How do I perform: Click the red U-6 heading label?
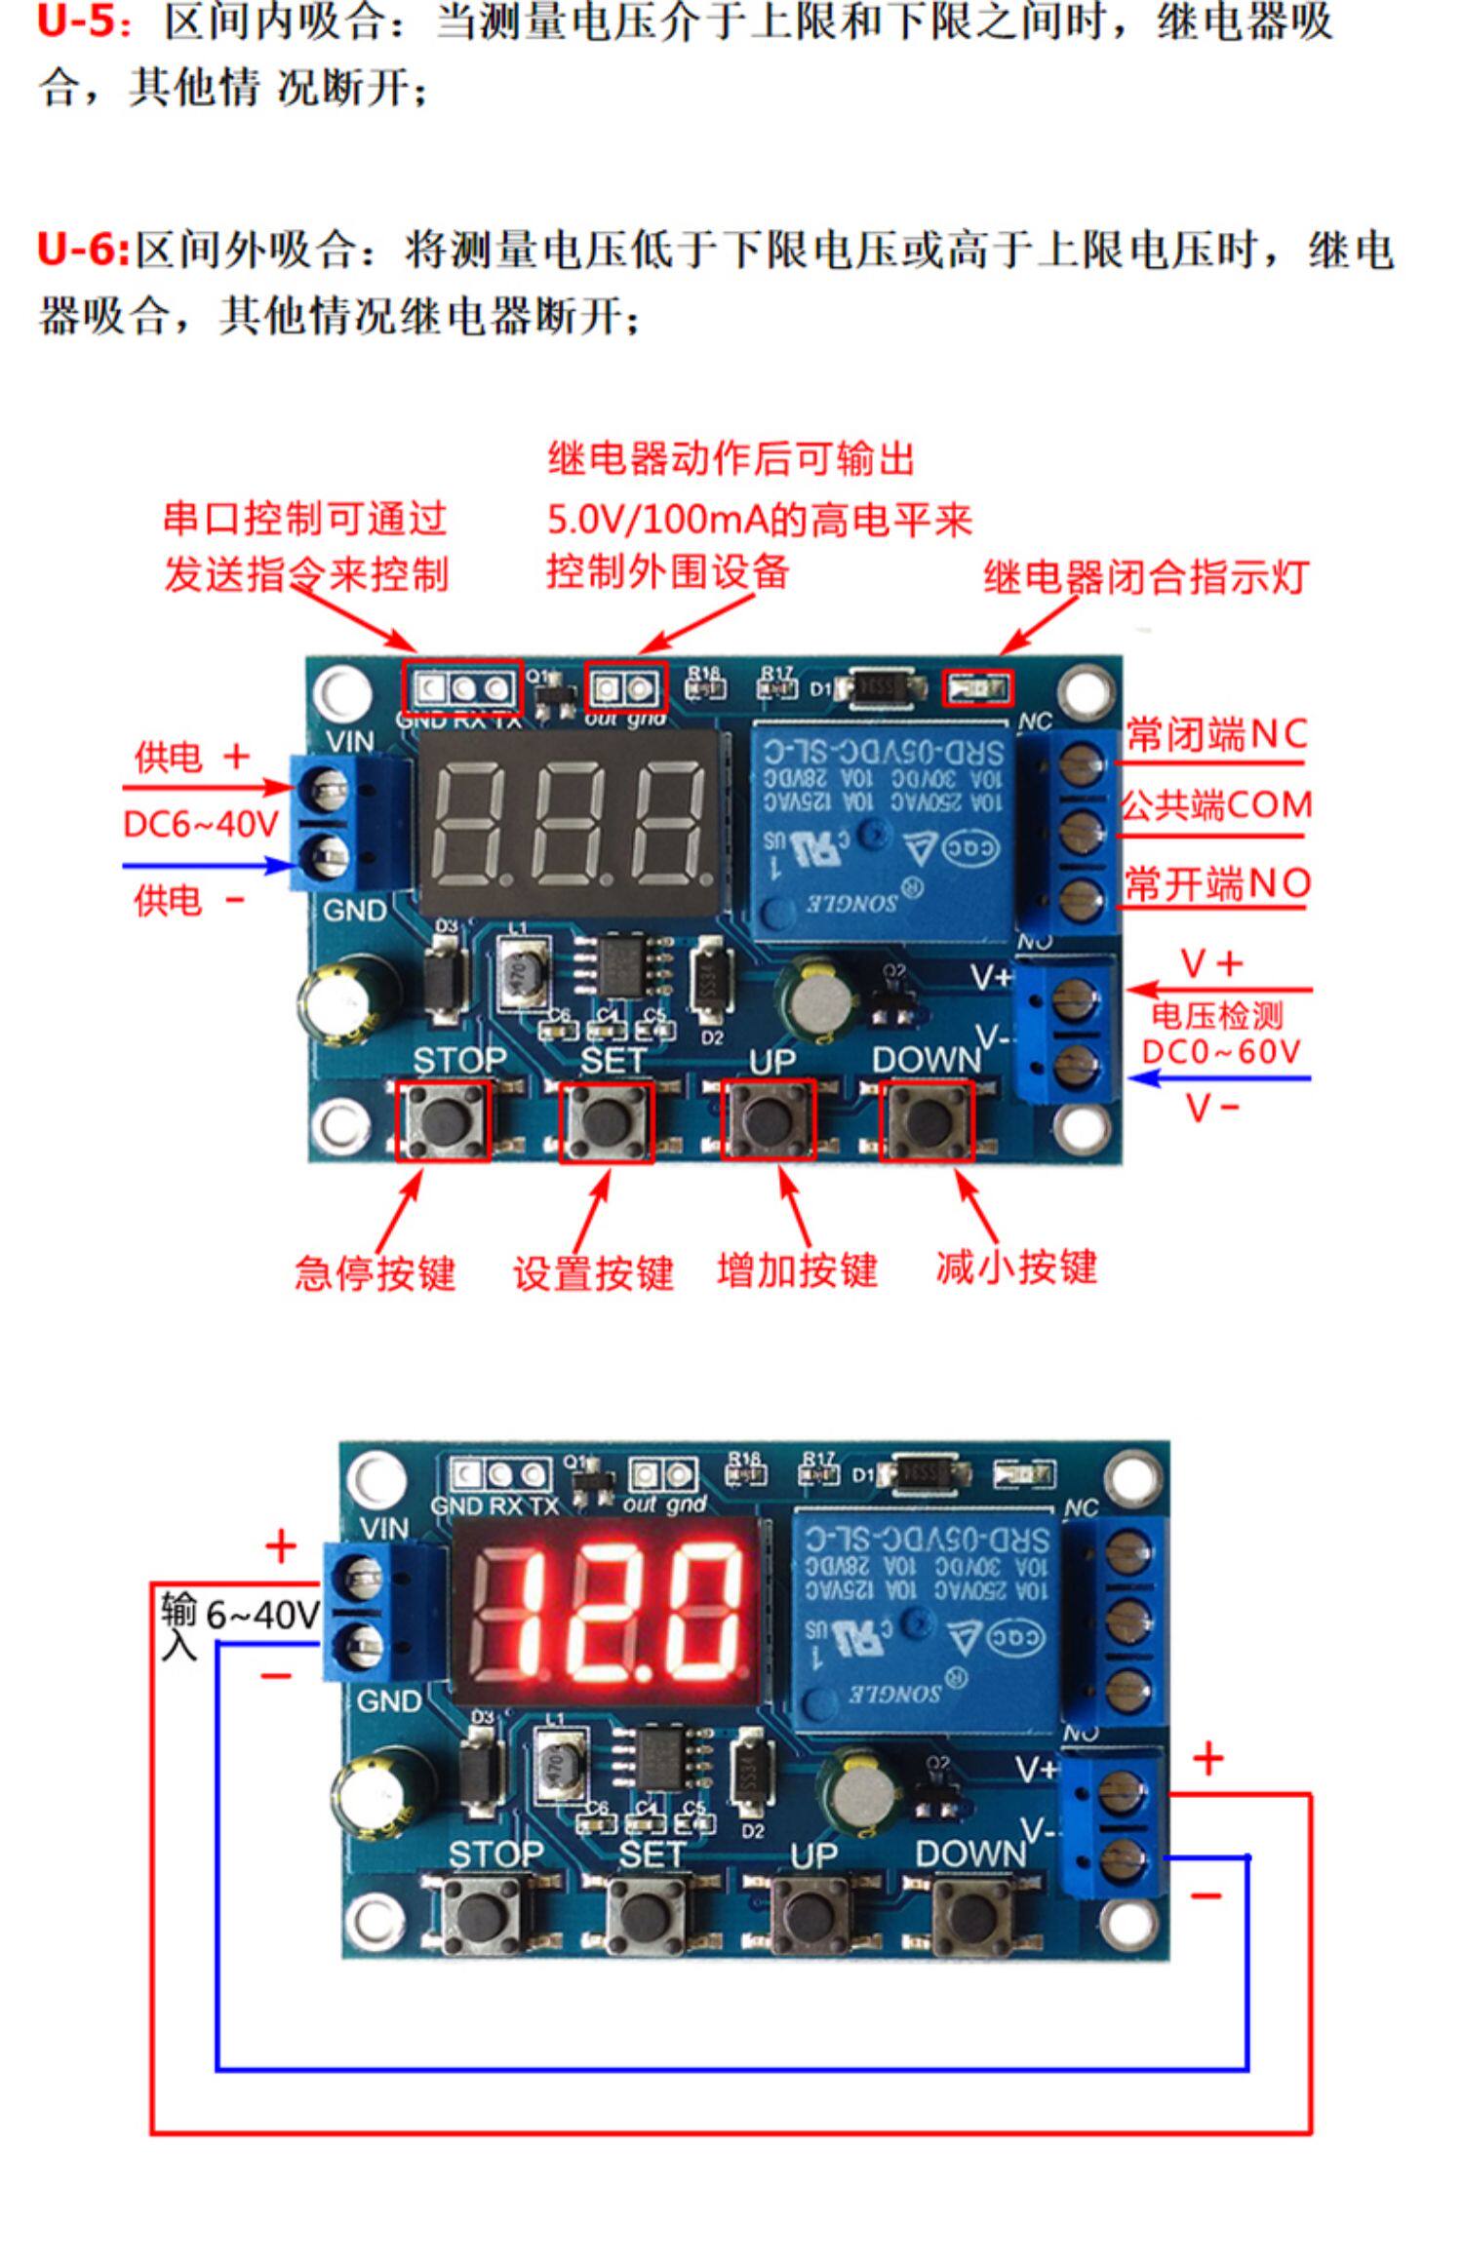82,251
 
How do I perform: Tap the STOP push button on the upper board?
443,1120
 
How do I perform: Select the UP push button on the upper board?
769,1120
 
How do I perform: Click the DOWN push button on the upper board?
927,1120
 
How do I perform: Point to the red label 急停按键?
376,1273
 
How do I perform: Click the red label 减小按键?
1016,1269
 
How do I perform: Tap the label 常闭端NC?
1216,734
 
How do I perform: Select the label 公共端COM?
1216,806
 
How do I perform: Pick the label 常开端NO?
1216,883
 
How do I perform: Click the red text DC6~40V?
201,825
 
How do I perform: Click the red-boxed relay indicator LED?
977,689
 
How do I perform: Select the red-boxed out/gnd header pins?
625,688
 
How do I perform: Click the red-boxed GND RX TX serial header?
463,688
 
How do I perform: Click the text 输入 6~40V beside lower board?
240,1623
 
